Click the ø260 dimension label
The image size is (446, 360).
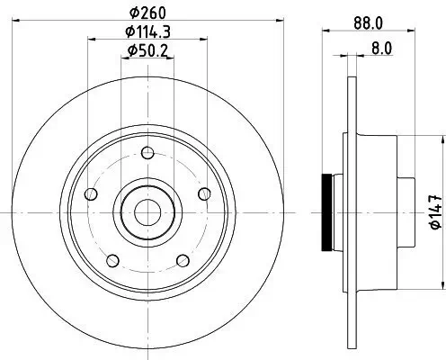pos(148,12)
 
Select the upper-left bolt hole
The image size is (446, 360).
pos(90,194)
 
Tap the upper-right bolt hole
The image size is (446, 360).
pos(205,192)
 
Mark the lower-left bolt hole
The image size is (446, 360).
pos(111,261)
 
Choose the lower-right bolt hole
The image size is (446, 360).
pos(183,261)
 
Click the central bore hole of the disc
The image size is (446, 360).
pos(147,211)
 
